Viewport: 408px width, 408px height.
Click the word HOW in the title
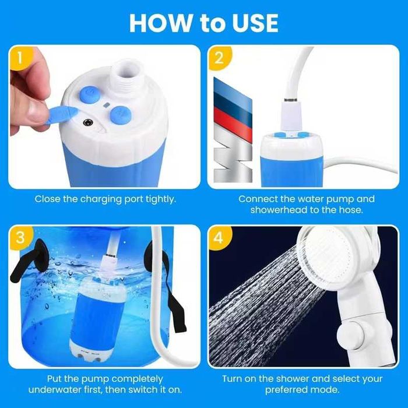pyautogui.click(x=160, y=23)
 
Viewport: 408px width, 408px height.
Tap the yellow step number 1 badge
pyautogui.click(x=21, y=58)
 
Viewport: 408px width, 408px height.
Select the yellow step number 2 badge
pyautogui.click(x=219, y=58)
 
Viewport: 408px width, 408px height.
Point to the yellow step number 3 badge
pyautogui.click(x=21, y=237)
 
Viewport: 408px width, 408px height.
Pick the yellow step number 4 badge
pyautogui.click(x=219, y=237)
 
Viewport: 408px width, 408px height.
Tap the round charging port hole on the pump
pyautogui.click(x=87, y=122)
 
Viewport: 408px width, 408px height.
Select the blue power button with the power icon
pyautogui.click(x=90, y=93)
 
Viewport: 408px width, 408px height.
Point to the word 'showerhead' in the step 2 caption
pyautogui.click(x=279, y=210)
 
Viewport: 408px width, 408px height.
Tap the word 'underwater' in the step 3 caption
pyautogui.click(x=54, y=389)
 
